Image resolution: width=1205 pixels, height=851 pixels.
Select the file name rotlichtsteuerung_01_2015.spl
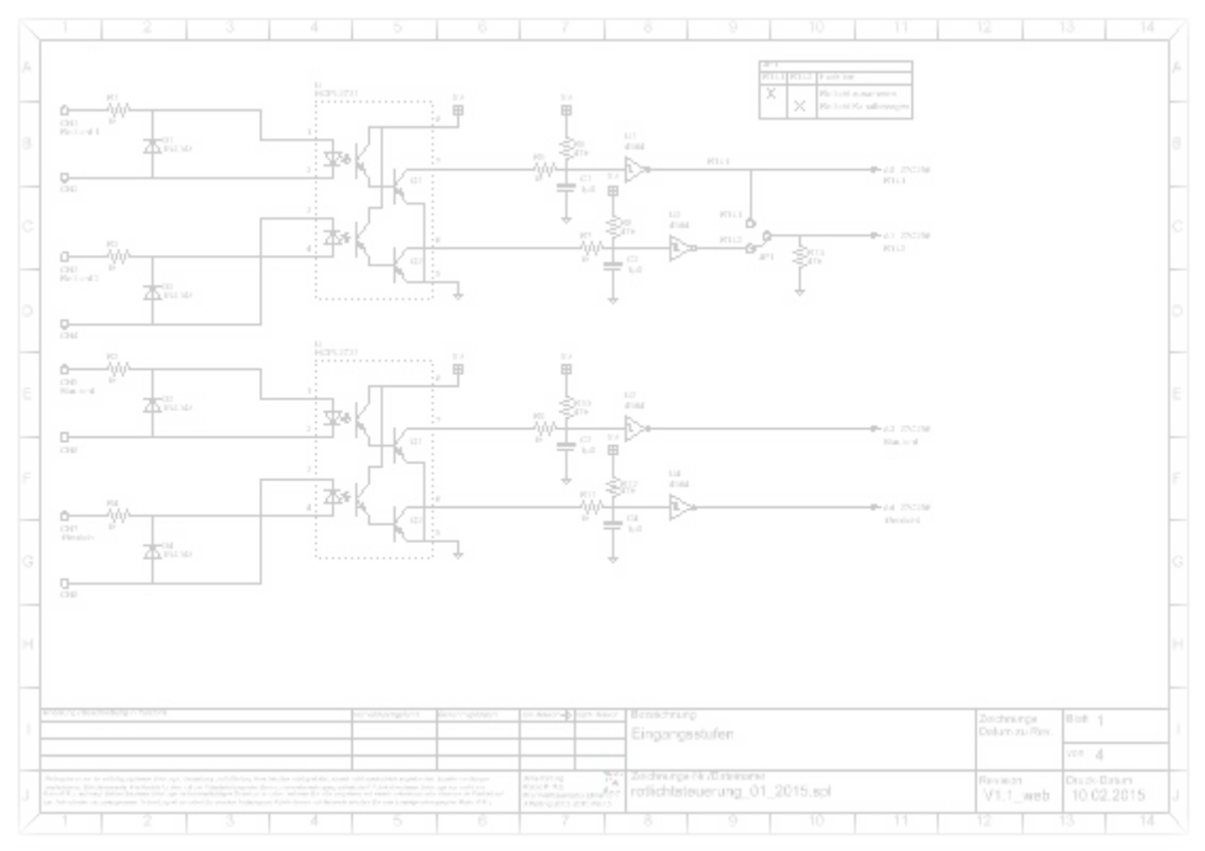point(730,792)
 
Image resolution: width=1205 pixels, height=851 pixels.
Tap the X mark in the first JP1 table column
point(771,93)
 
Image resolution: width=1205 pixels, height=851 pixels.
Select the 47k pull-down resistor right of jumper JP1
point(799,257)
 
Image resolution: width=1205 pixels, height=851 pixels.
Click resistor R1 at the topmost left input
point(118,111)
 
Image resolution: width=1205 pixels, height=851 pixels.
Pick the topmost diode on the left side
point(152,145)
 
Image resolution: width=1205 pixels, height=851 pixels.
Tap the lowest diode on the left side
point(152,551)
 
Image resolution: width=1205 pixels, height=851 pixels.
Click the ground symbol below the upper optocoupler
point(458,294)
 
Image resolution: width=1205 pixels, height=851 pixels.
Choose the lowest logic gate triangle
point(680,508)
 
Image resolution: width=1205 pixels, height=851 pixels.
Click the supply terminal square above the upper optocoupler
point(458,111)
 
